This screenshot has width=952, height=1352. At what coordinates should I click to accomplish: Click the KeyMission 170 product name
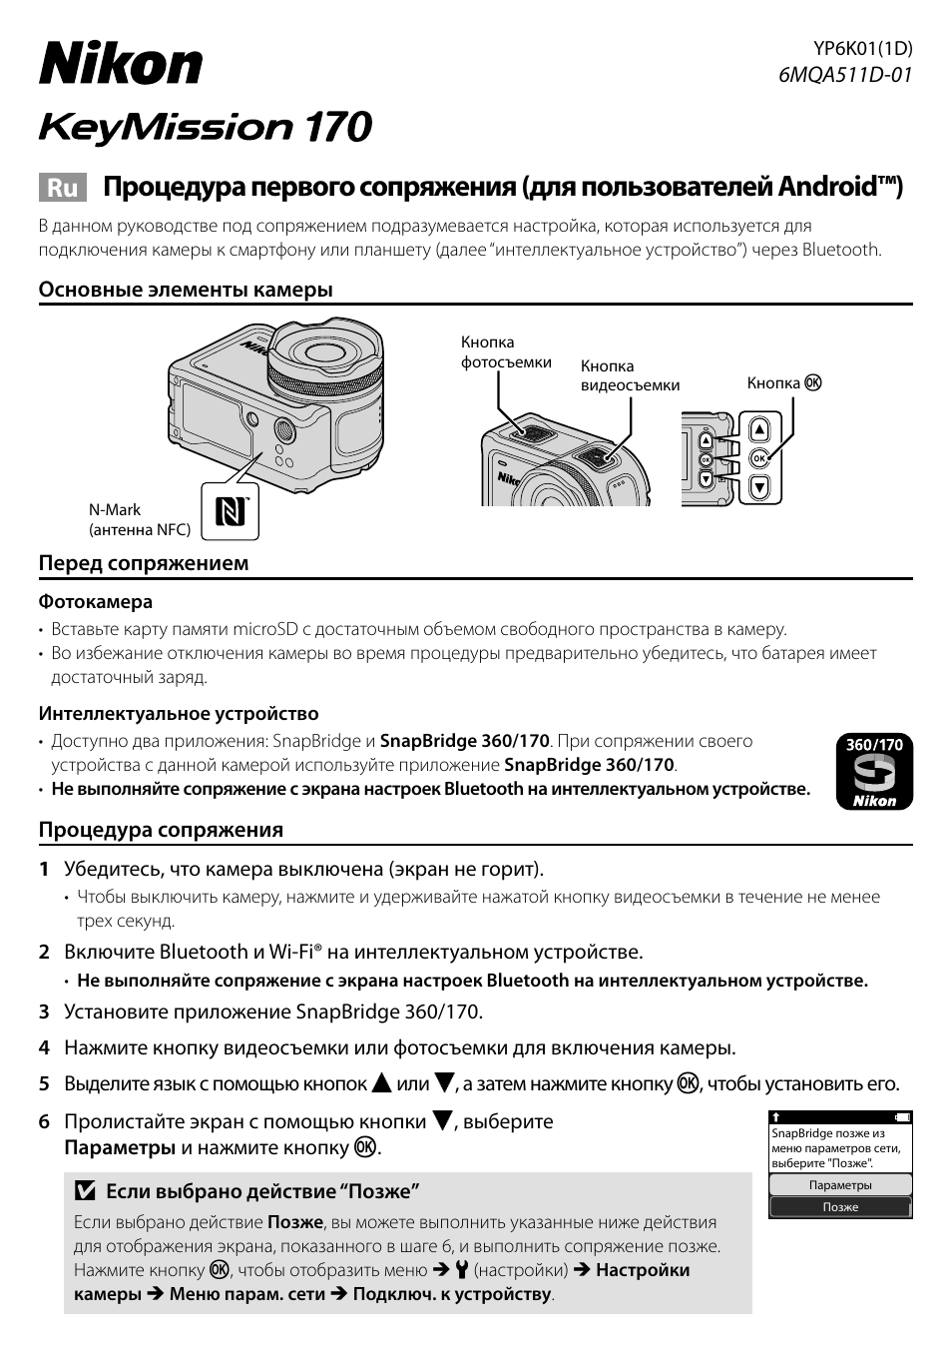205,128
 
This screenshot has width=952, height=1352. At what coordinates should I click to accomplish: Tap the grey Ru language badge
63,188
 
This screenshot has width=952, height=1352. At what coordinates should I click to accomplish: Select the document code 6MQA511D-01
845,74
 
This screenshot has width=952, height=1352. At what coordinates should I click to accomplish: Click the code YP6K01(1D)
863,48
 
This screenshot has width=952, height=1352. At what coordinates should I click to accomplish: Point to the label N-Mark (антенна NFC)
139,519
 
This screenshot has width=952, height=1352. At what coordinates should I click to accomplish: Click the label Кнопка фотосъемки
505,352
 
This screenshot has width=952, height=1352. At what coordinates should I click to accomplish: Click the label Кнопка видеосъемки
630,375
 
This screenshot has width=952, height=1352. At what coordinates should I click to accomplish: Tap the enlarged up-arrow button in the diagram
759,430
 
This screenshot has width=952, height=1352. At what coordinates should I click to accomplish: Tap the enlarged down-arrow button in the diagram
759,487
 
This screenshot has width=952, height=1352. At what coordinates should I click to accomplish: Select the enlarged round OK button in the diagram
759,458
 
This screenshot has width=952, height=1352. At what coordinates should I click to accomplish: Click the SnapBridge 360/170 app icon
873,773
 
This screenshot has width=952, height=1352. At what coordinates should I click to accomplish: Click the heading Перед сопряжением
144,563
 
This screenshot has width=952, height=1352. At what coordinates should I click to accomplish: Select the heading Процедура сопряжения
161,830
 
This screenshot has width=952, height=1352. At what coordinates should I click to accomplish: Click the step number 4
44,1047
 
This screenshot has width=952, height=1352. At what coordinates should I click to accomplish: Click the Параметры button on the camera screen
840,1185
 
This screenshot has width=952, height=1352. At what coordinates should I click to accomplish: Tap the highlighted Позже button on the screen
840,1207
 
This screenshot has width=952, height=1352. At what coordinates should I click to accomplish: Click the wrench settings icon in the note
461,1270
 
